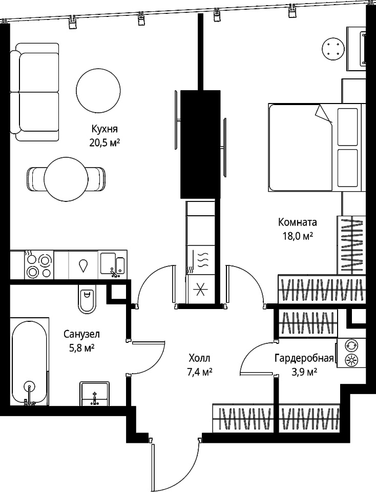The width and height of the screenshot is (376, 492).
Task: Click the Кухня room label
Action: click(105, 129)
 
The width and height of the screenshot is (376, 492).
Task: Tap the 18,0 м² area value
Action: click(297, 236)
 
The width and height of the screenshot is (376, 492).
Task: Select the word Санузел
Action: click(81, 334)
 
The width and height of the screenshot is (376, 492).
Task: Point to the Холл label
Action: click(199, 358)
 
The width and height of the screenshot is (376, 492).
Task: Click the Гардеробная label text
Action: click(304, 358)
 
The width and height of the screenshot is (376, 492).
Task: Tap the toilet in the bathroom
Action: click(87, 299)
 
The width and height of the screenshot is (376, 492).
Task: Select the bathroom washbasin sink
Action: click(95, 394)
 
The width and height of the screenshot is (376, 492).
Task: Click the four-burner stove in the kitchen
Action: click(38, 265)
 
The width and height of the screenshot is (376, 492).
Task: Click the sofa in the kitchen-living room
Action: click(34, 92)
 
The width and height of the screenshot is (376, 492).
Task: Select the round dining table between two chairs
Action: click(66, 179)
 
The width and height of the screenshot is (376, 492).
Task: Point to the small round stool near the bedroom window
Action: click(333, 49)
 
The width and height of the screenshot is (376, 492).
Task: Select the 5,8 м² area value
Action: click(82, 348)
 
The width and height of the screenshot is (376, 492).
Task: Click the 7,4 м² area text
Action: click(199, 372)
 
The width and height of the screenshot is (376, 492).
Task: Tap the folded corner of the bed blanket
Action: click(324, 113)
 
